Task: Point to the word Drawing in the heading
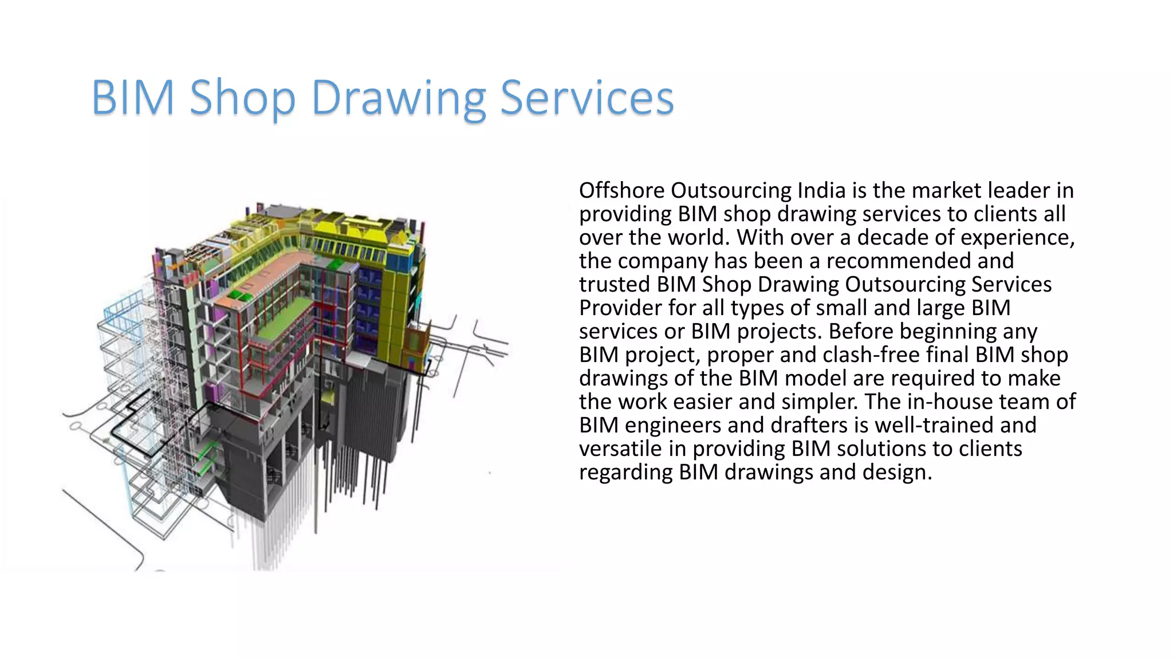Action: [x=398, y=99]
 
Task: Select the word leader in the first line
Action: [x=1020, y=190]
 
